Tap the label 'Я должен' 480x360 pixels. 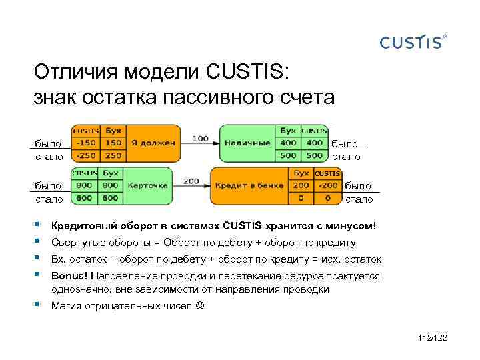[x=153, y=143]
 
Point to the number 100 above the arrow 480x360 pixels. [x=200, y=139]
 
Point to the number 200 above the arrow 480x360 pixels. [x=191, y=181]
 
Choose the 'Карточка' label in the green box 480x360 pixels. [x=147, y=185]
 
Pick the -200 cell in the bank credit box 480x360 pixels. [x=327, y=185]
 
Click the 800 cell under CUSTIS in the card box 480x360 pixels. [x=85, y=185]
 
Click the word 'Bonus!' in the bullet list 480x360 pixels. [x=69, y=276]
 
